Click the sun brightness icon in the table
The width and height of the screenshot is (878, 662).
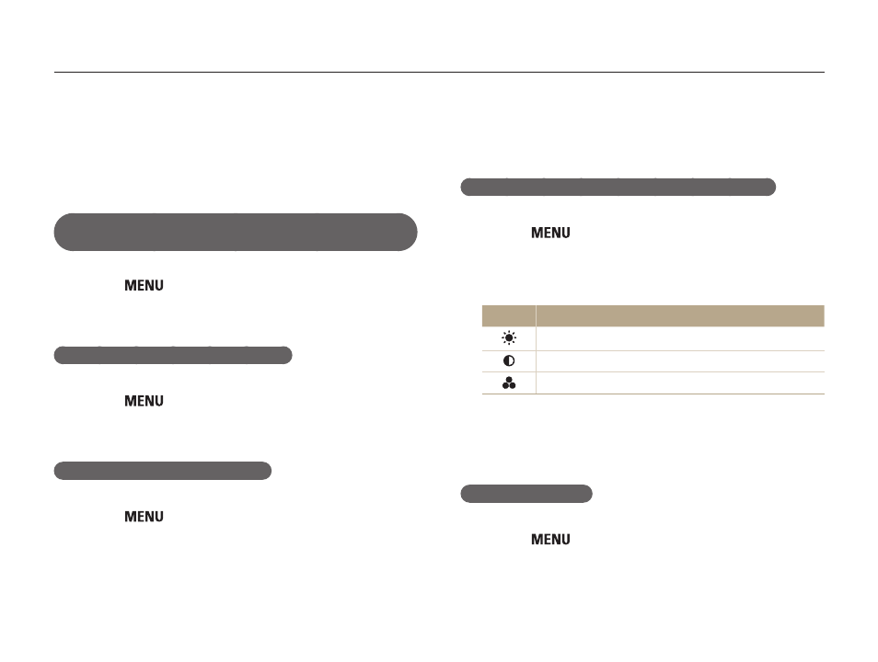(508, 338)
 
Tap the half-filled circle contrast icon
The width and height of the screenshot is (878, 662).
(508, 361)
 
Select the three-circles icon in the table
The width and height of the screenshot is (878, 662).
(508, 382)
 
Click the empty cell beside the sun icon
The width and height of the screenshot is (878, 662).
(680, 338)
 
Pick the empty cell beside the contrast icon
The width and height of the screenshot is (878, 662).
(680, 361)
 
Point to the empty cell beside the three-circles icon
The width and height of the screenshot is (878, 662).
(680, 382)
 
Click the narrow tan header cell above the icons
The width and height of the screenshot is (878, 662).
(508, 315)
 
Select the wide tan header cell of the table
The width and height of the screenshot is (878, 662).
(680, 315)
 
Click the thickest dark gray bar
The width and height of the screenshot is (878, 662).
(236, 232)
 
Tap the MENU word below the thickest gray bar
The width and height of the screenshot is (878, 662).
(144, 285)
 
